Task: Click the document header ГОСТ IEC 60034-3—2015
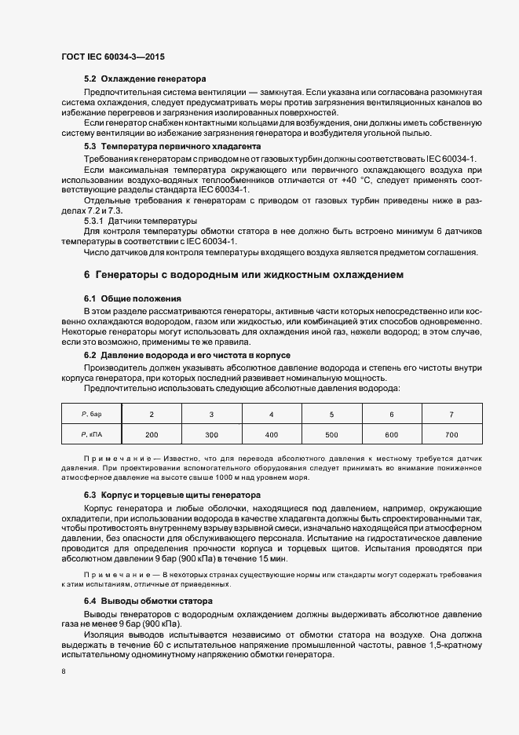[112, 57]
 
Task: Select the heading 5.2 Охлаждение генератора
[144, 79]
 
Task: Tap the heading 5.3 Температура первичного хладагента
[173, 147]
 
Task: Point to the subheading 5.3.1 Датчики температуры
[141, 221]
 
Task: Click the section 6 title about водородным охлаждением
[243, 276]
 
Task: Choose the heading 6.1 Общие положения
[122, 299]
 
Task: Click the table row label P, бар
[92, 413]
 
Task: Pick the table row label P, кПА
[92, 434]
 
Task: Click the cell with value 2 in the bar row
[152, 413]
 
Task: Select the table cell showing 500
[331, 434]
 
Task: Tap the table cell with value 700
[451, 434]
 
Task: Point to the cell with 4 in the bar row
[272, 413]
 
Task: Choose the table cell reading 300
[211, 434]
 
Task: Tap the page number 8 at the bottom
[63, 671]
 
